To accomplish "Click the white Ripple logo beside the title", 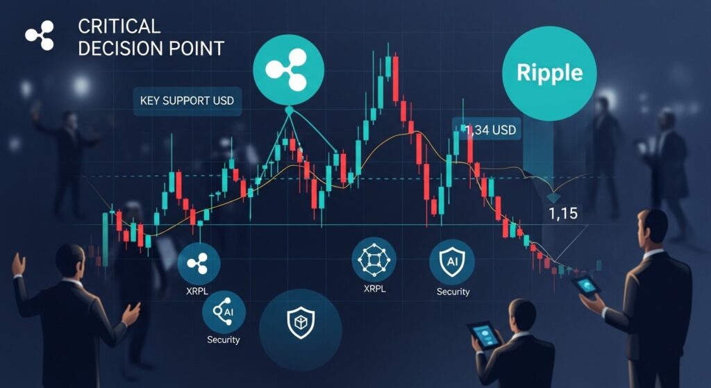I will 40,36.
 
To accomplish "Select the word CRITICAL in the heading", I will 119,27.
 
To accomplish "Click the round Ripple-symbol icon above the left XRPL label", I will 199,263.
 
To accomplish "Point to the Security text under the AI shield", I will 453,292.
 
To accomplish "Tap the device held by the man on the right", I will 585,285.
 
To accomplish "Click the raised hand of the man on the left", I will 18,264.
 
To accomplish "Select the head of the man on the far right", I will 652,226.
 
